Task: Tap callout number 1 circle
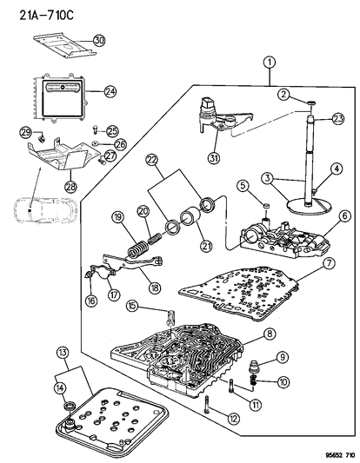click(270, 62)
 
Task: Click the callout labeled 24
click(110, 91)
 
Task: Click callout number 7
click(327, 262)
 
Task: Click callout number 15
click(131, 304)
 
